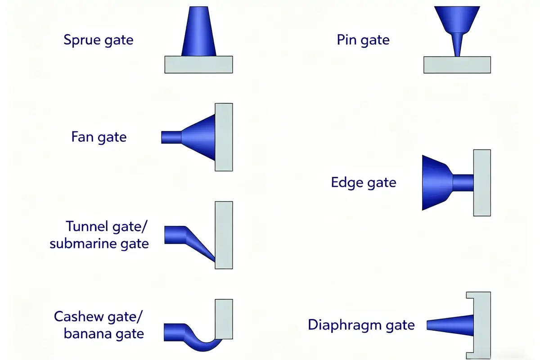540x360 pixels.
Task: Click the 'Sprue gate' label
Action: [x=99, y=40]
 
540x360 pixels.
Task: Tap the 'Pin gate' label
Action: [x=363, y=40]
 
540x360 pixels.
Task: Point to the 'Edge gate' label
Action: [x=364, y=182]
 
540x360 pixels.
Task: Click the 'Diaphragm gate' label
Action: [x=361, y=324]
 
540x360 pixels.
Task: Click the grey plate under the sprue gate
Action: [x=198, y=64]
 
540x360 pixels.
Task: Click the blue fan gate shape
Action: [x=198, y=137]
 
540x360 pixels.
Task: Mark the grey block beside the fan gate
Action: [x=224, y=137]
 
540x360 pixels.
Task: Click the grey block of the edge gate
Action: [x=482, y=182]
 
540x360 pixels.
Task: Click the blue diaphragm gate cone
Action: [x=452, y=325]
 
